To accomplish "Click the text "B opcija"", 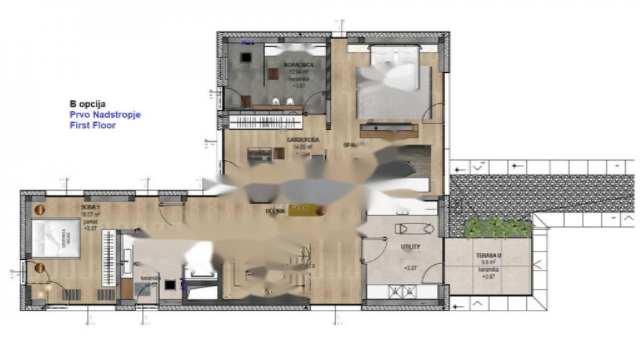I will click(87, 104).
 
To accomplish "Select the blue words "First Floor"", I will click(93, 125).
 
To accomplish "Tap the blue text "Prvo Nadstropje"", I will click(105, 115).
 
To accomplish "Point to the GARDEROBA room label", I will click(303, 140).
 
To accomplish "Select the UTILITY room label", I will click(410, 247).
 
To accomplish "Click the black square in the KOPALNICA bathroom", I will click(246, 57).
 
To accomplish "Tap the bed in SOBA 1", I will click(56, 238).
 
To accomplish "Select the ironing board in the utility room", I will click(414, 229).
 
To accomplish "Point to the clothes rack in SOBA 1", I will click(109, 258).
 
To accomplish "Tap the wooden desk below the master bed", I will click(389, 131).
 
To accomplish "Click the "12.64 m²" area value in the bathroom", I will click(298, 72).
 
